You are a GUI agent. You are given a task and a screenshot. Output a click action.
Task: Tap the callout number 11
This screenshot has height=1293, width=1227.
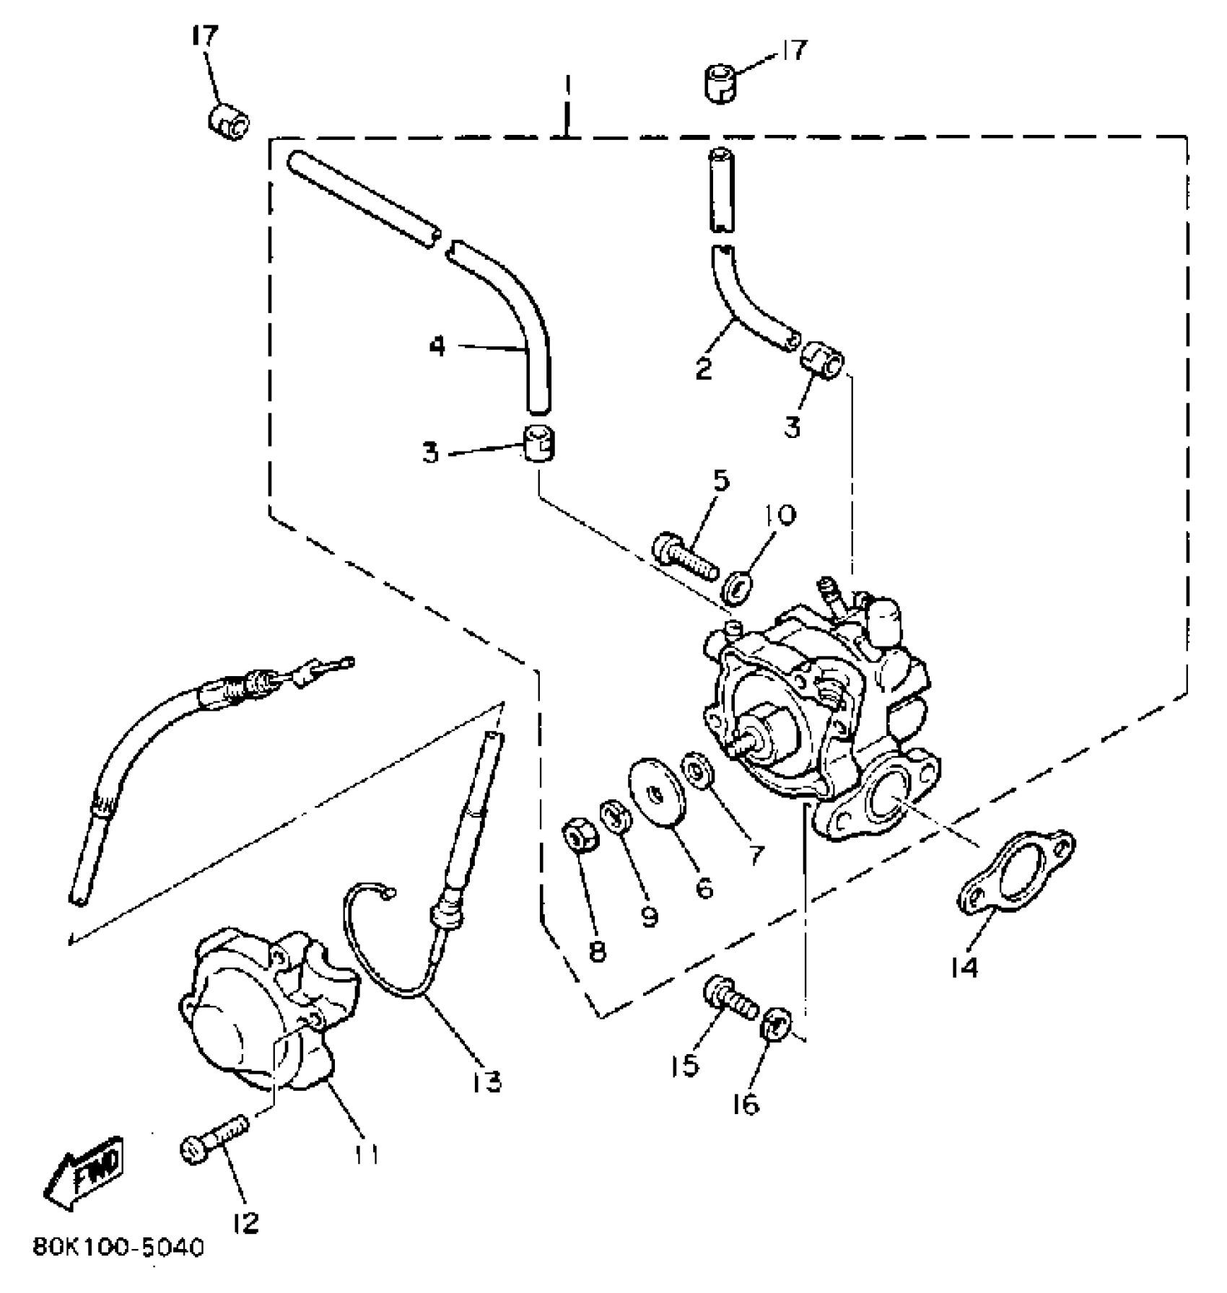[366, 1154]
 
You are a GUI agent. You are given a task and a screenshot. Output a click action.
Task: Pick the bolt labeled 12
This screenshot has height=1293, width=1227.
[214, 1139]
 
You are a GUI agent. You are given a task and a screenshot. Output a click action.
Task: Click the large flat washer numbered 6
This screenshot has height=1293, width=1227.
[656, 790]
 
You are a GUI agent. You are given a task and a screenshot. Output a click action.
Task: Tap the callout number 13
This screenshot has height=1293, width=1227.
[488, 1081]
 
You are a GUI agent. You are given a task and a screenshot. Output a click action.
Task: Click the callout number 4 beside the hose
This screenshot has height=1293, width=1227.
[437, 346]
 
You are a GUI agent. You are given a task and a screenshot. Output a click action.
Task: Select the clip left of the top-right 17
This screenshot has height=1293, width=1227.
[720, 83]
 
